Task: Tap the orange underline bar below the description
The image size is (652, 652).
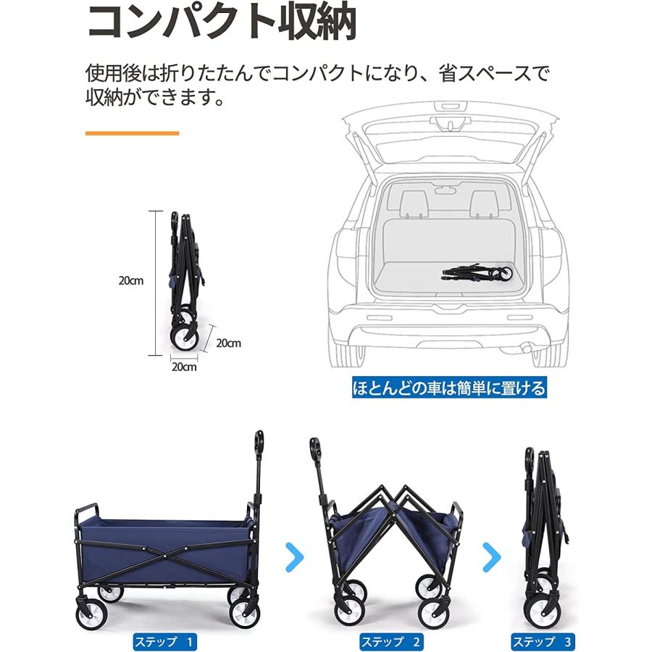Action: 132,133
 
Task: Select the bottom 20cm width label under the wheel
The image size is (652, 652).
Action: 184,367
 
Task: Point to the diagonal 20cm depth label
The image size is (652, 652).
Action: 228,343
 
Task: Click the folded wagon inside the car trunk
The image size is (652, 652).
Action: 478,273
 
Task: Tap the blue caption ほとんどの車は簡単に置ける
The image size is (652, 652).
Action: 448,388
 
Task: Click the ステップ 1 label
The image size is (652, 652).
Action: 164,641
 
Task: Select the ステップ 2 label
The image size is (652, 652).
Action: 391,641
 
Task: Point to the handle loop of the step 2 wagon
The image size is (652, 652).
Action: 315,448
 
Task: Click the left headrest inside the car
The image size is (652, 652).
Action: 414,203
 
